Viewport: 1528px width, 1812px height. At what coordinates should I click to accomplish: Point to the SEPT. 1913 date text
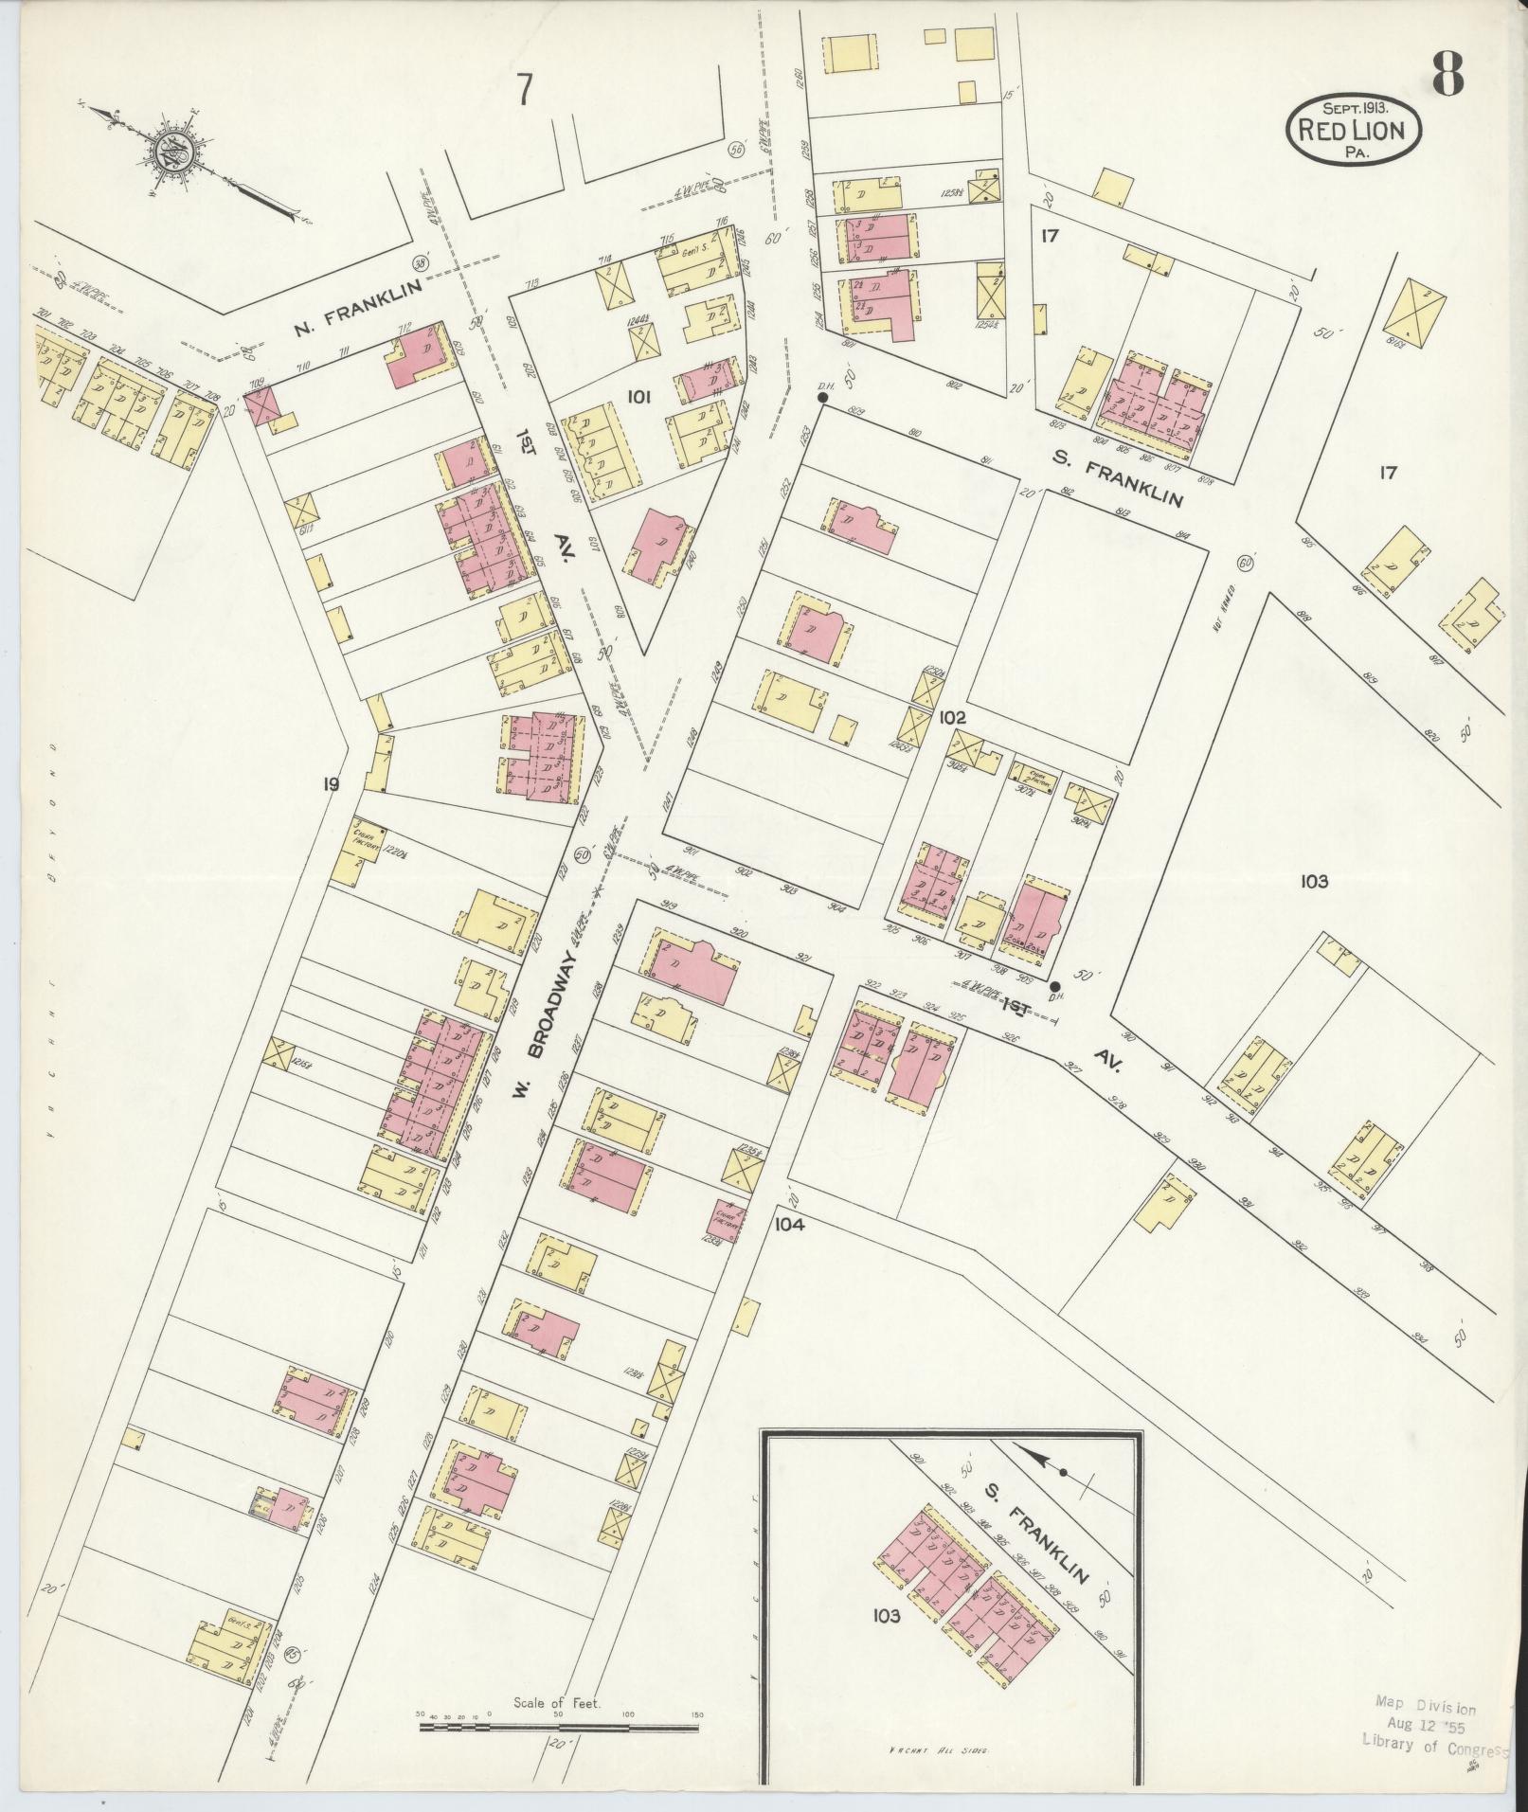pos(1352,106)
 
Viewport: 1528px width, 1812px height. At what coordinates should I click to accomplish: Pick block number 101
pos(638,399)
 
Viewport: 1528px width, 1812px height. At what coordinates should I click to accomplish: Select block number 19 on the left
pos(331,783)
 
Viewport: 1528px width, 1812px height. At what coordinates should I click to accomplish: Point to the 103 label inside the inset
pos(887,1616)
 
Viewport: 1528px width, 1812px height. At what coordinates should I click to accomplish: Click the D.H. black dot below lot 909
pos(1054,985)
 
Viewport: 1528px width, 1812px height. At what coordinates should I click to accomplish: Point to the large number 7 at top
pos(524,92)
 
